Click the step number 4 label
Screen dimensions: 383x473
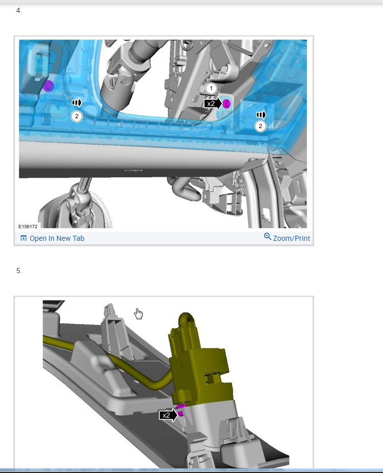pos(19,11)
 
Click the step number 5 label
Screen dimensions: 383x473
pos(19,271)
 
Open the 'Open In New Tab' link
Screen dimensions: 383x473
pos(57,238)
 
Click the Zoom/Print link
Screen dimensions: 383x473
pos(292,238)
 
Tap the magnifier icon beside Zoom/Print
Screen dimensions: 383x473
pos(267,237)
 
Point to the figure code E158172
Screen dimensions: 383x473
pos(28,227)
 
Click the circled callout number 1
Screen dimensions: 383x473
pos(211,88)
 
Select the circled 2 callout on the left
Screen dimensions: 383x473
pos(76,116)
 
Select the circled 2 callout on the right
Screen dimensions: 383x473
pos(260,126)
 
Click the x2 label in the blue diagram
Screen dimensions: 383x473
pos(210,104)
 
